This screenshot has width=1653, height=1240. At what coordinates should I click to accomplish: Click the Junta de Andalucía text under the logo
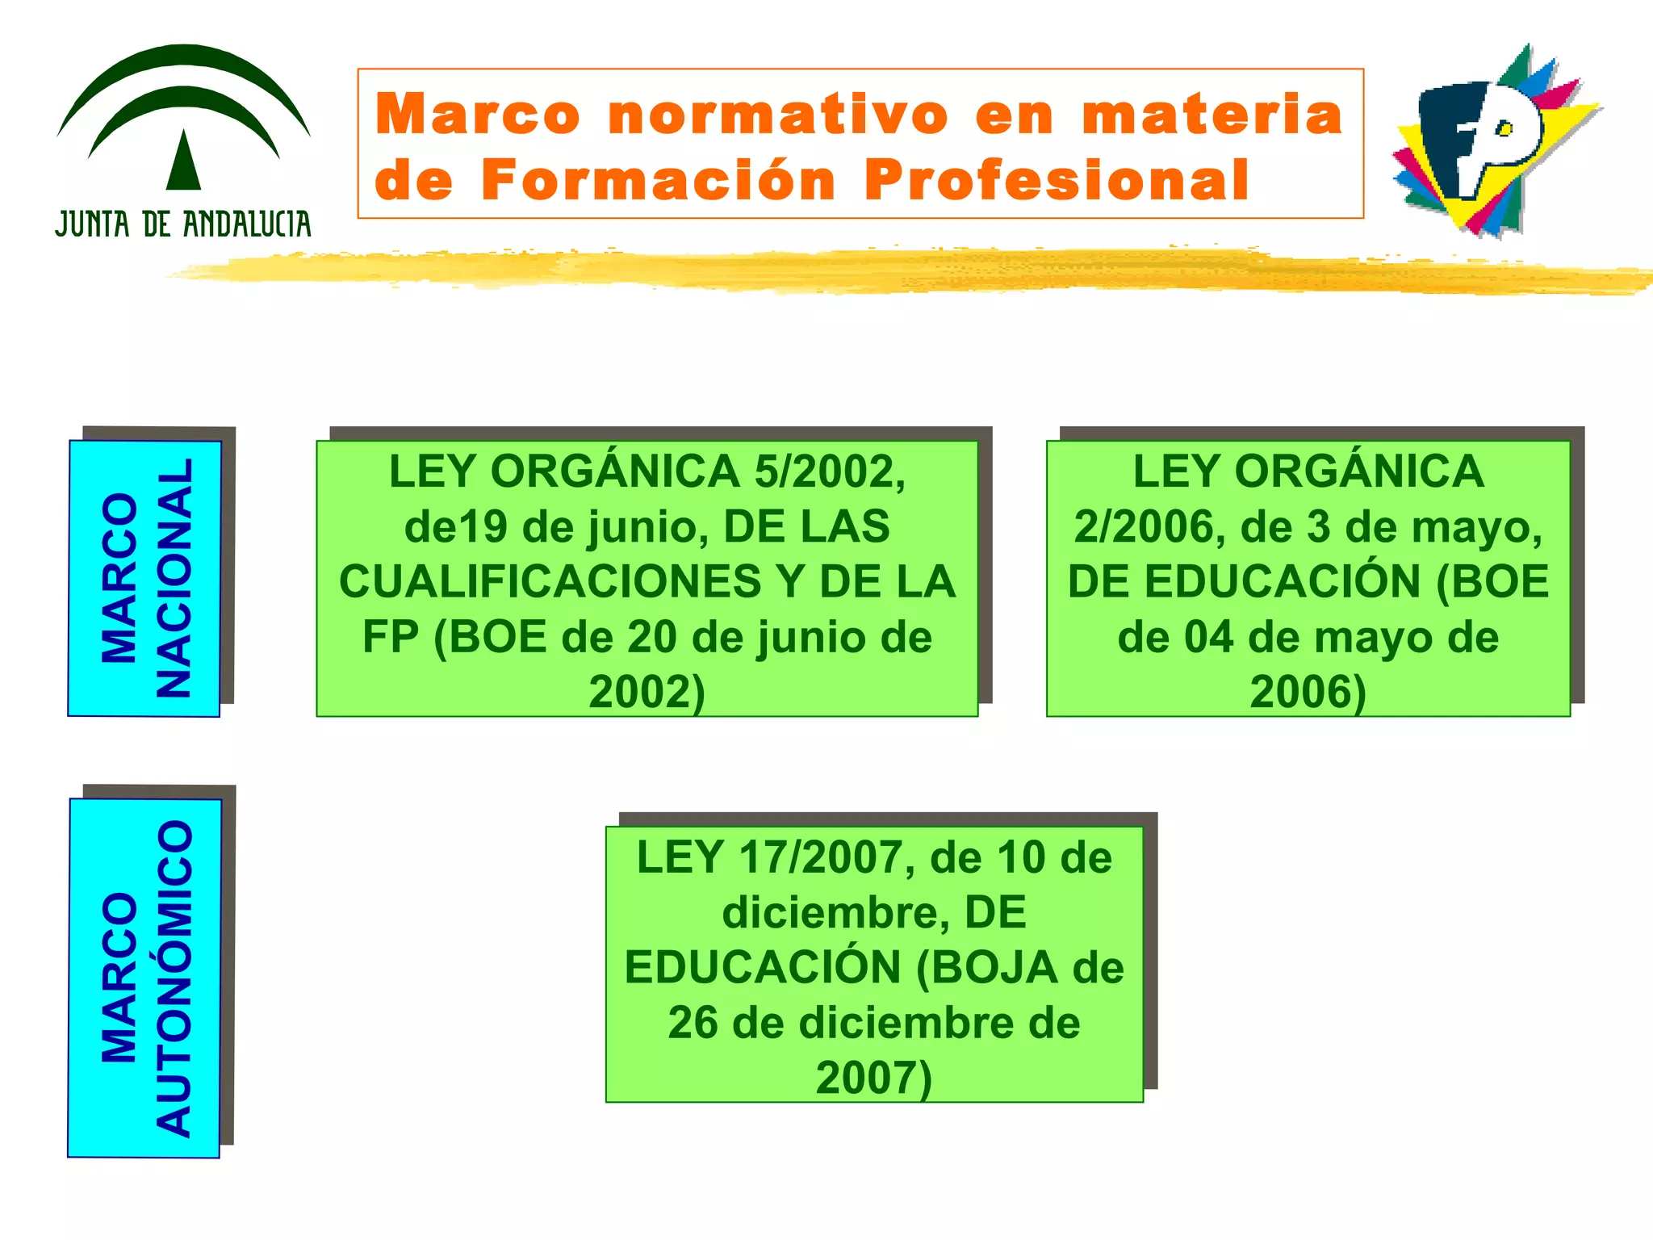click(183, 224)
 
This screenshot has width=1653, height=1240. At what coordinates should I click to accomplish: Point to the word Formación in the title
click(658, 179)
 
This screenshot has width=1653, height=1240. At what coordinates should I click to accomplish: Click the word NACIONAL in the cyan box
click(174, 578)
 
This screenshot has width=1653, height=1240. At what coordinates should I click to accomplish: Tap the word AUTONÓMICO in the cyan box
click(174, 978)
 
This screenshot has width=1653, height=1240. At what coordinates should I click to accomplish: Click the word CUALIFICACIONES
click(550, 582)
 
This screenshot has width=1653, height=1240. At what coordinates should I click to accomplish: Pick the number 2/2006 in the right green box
click(1144, 527)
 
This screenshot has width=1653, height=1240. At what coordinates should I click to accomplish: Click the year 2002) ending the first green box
click(647, 693)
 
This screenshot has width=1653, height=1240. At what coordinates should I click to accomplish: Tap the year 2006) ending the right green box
click(1308, 693)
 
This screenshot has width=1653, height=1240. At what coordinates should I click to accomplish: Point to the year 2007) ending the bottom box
click(874, 1079)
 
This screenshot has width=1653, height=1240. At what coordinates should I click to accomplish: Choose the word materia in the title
click(1212, 115)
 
